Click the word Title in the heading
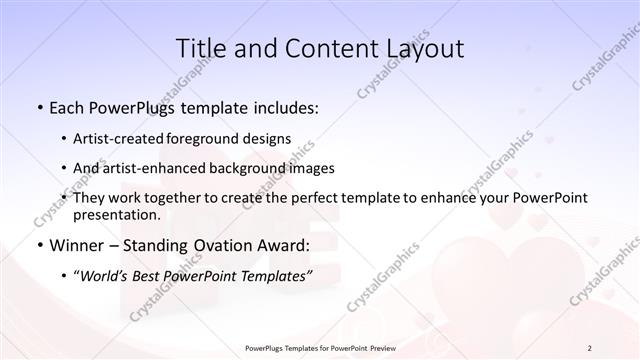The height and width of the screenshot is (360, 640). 200,49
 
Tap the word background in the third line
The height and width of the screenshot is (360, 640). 247,168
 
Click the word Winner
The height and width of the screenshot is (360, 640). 78,245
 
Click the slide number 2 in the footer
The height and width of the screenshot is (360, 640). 589,347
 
